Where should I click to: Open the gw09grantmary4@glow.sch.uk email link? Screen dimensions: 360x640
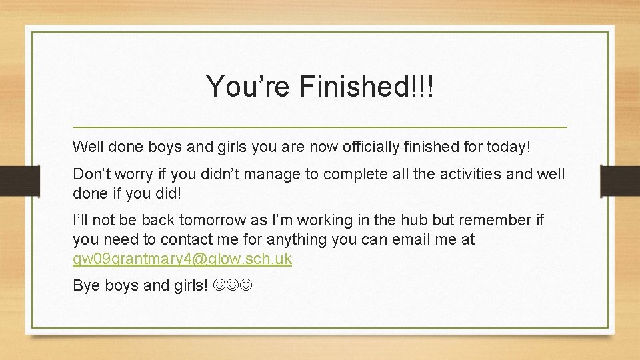coord(182,259)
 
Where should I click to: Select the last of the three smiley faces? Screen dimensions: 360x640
coord(247,286)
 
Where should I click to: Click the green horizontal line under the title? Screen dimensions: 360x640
coord(320,127)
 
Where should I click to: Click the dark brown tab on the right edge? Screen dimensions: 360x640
coord(620,181)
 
